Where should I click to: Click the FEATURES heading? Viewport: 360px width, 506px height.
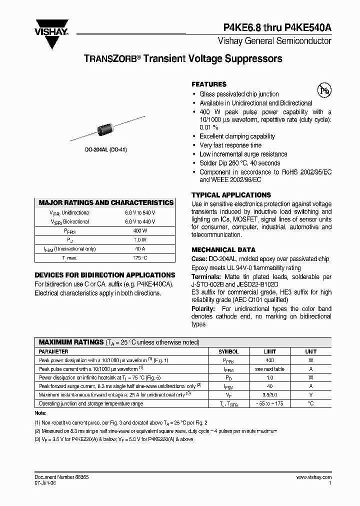[x=209, y=84]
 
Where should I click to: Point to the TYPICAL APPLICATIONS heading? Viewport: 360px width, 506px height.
[x=231, y=195]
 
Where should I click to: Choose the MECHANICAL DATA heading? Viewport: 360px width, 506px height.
[x=223, y=249]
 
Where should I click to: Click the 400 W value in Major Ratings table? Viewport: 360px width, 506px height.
[x=140, y=230]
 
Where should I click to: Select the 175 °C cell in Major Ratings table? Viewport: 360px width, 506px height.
[x=140, y=257]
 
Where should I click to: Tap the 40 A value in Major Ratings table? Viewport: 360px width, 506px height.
[x=140, y=248]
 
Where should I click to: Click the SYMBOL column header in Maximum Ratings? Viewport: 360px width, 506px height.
[x=228, y=351]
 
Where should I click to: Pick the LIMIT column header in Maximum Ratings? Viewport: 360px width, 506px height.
[x=270, y=351]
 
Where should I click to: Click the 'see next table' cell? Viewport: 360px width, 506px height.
[x=270, y=368]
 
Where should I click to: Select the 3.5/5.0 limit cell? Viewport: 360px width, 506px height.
[x=270, y=394]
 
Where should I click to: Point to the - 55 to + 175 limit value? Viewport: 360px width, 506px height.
[x=270, y=403]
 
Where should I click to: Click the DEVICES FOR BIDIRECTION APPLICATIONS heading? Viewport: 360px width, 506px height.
[x=104, y=275]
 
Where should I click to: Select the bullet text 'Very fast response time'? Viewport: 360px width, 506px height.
[x=230, y=145]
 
